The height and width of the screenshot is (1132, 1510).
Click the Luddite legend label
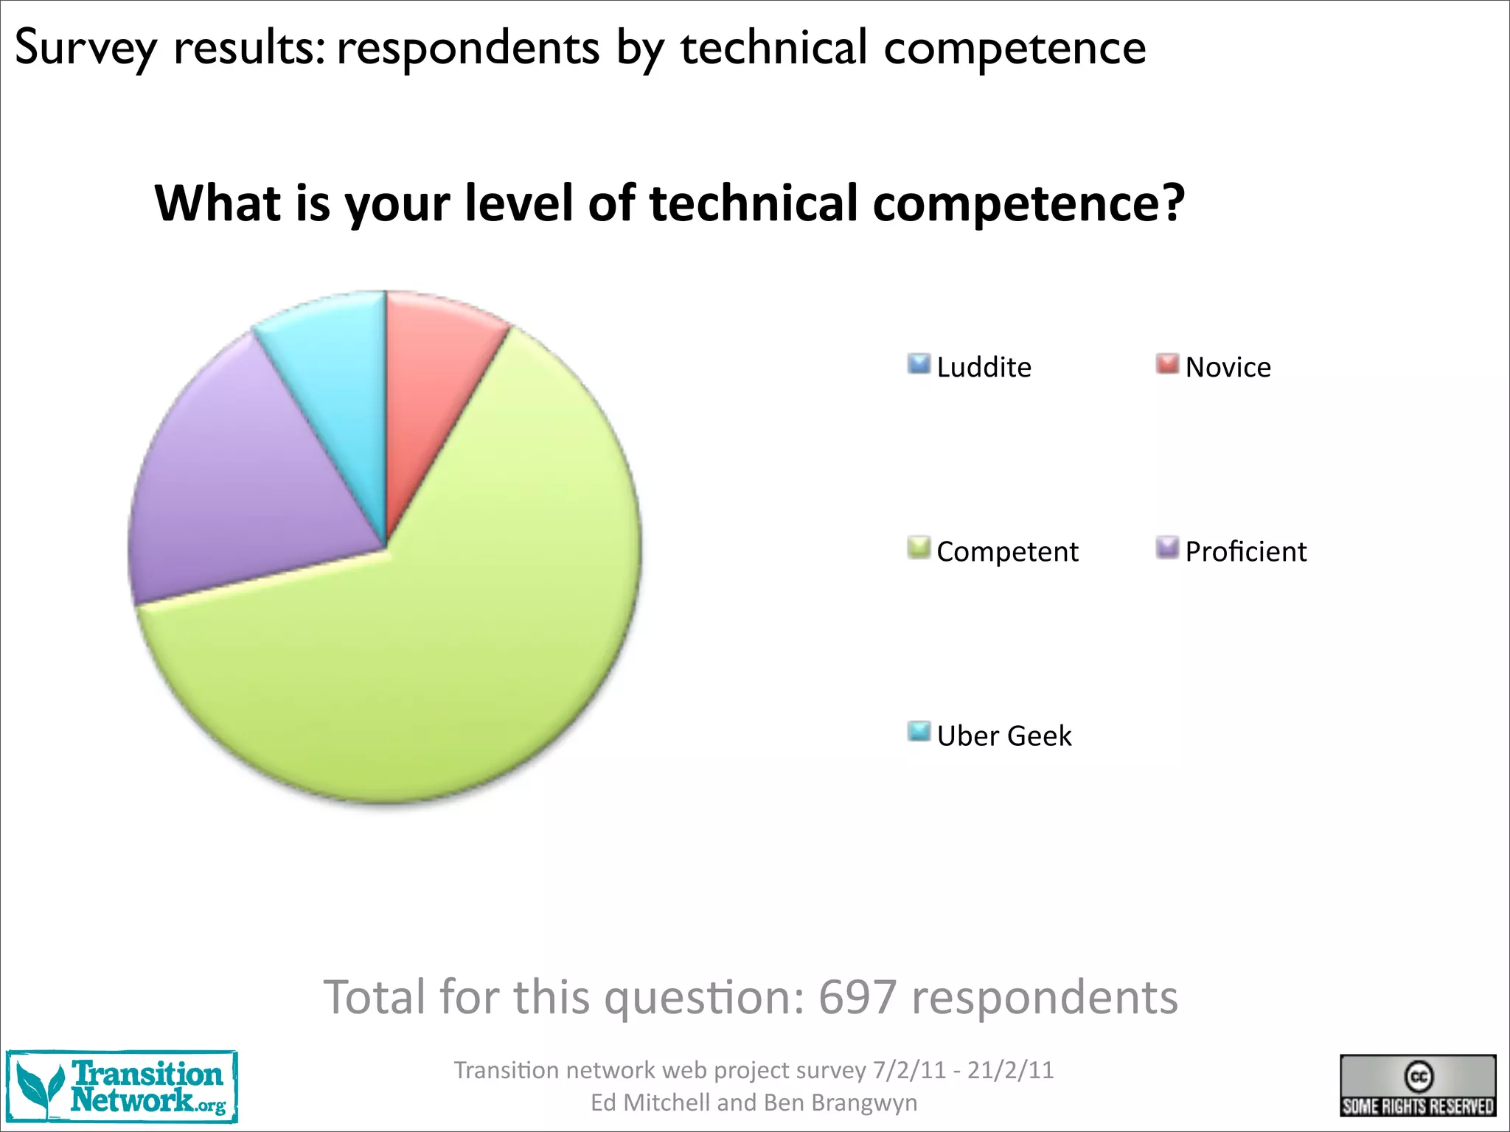(984, 367)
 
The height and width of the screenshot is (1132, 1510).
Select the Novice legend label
(1228, 367)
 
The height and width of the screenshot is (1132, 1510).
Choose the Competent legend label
(1007, 551)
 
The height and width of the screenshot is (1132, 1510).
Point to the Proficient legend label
(1245, 551)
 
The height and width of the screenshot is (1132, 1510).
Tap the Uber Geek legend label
(1004, 736)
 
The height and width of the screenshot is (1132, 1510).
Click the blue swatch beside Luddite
(919, 364)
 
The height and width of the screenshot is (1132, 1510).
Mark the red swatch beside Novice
(1167, 364)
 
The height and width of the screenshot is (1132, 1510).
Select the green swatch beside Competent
(919, 548)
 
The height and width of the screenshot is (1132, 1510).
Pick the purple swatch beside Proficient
(1167, 548)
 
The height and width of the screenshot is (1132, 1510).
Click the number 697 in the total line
(857, 998)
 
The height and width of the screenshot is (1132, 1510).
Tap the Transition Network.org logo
(122, 1087)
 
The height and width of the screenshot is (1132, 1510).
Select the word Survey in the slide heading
(86, 49)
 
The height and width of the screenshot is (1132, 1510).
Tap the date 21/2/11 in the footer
(1011, 1070)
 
